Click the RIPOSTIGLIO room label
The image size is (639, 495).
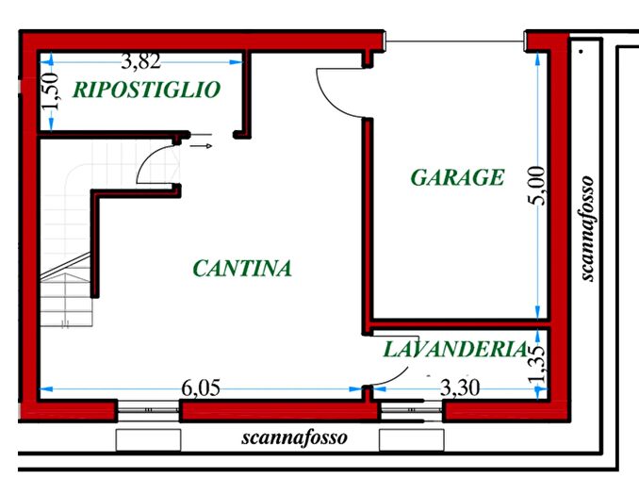[x=146, y=90]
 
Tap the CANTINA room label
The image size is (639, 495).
[x=242, y=269]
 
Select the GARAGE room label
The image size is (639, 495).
[x=457, y=177]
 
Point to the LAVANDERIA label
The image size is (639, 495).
[x=454, y=349]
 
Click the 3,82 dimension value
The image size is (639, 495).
[x=141, y=62]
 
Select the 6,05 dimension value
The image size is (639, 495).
[x=202, y=387]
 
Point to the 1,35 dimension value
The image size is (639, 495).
[x=537, y=364]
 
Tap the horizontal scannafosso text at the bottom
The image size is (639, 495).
[x=294, y=437]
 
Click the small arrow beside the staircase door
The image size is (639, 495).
[x=201, y=146]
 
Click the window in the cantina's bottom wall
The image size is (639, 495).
[x=148, y=411]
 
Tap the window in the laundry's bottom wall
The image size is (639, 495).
[x=411, y=411]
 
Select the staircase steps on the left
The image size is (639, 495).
[x=64, y=283]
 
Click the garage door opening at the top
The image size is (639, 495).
[x=456, y=41]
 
